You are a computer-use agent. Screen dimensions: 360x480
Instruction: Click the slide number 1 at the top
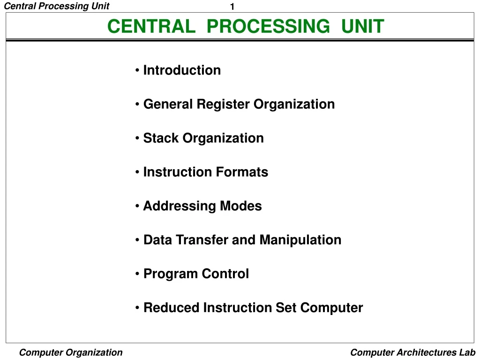click(232, 7)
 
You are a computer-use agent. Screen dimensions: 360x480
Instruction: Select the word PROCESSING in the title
click(268, 26)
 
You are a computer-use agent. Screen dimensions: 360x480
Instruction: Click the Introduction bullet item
click(182, 70)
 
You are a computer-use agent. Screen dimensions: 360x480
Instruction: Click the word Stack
click(161, 138)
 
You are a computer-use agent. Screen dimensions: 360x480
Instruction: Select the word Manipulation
click(300, 240)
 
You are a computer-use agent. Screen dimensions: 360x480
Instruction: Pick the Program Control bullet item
click(196, 274)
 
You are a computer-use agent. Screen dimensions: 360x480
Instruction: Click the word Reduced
click(171, 308)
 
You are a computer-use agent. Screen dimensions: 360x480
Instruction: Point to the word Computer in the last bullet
click(331, 308)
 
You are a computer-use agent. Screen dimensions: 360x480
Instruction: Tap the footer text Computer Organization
click(71, 352)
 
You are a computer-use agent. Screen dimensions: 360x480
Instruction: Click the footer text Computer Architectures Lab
click(412, 352)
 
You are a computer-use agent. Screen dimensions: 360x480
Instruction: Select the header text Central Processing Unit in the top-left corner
click(56, 6)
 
